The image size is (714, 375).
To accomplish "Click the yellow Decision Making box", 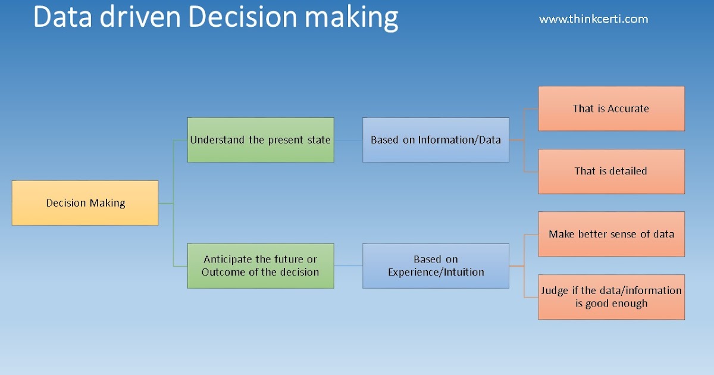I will coord(85,203).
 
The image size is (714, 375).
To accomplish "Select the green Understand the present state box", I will coord(261,140).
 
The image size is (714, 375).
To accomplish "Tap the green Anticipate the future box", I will coord(261,266).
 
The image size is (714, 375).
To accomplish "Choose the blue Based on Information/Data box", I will coord(436,140).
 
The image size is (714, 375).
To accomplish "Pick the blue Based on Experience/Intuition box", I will coord(436,266).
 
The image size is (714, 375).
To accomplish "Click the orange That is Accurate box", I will coord(611,108).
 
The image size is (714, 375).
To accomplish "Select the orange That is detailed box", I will coord(611,171).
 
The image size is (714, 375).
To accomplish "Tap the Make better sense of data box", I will coord(611,234).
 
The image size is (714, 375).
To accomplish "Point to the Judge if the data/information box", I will coord(611,297).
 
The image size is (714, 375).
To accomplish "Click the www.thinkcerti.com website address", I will coord(593,19).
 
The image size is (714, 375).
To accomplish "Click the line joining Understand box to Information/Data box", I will coord(348,140).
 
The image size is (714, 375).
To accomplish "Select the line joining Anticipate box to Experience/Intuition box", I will coord(348,265).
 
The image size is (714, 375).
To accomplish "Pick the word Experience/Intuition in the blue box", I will coord(436,273).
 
